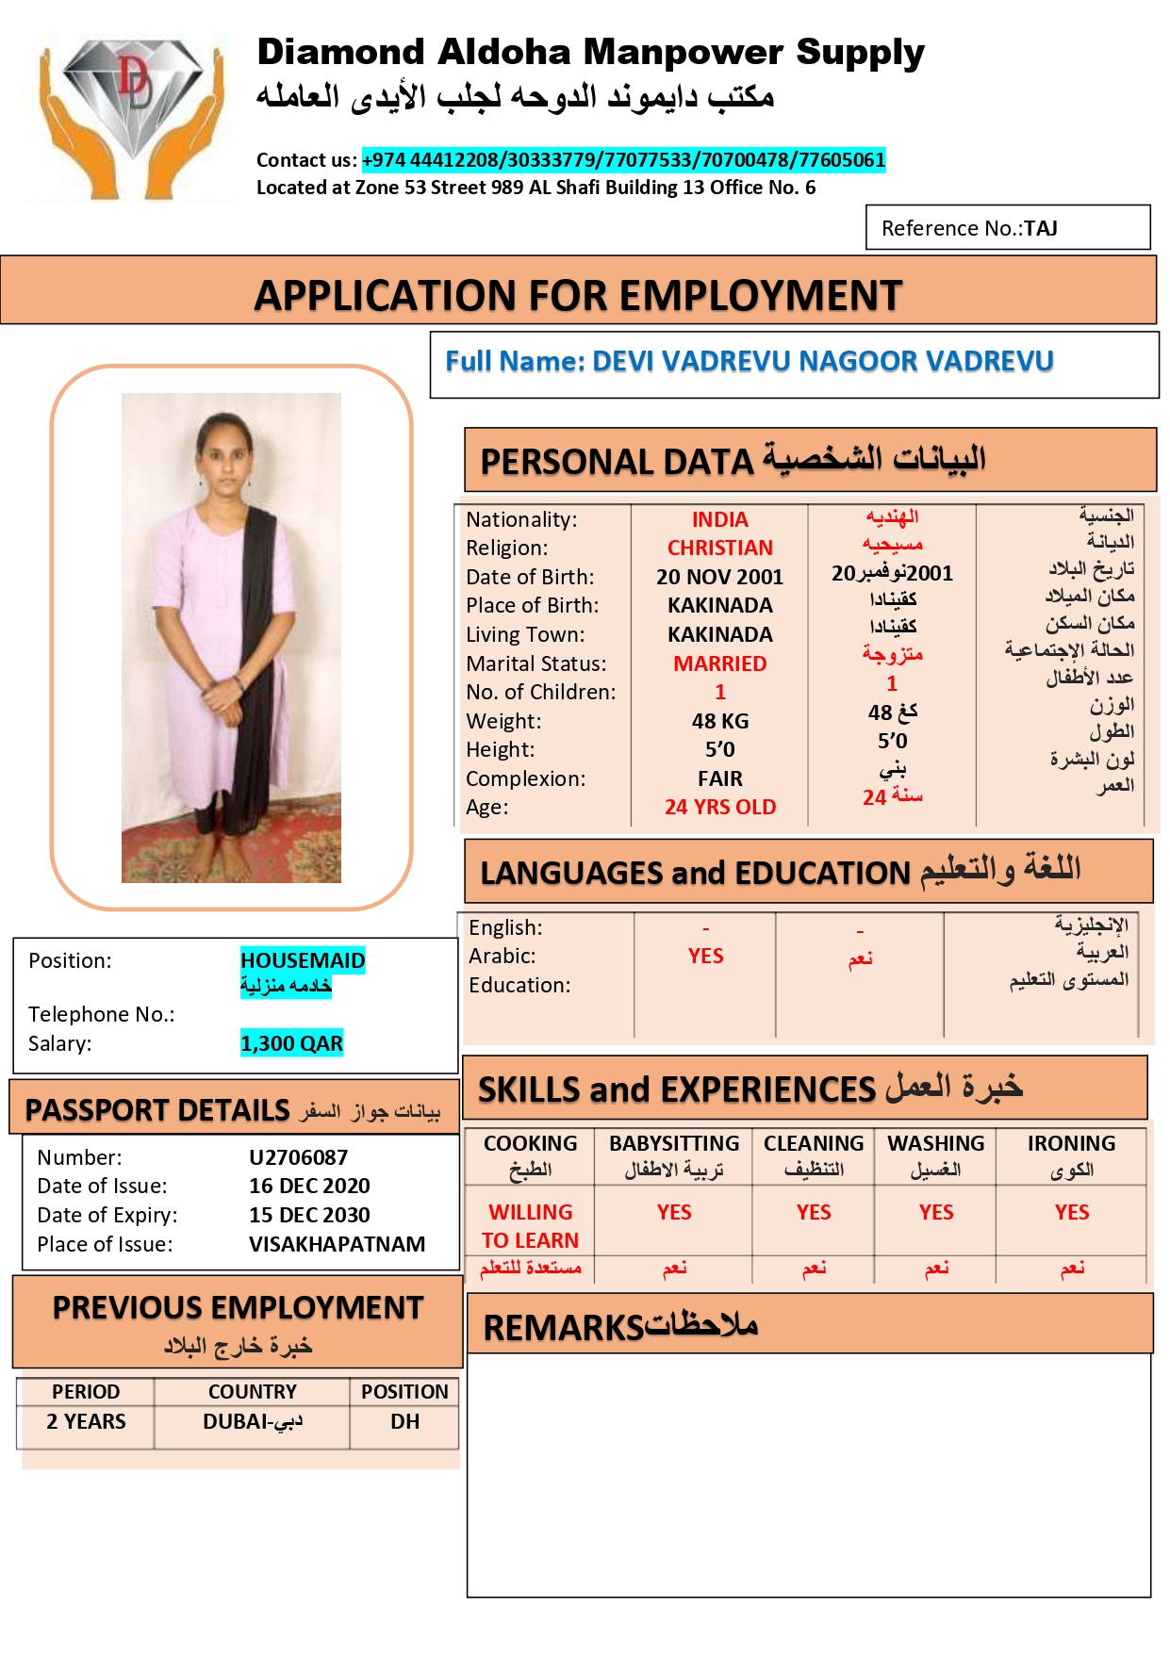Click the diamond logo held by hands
point(131,113)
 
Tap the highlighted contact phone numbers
point(623,160)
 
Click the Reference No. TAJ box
point(1007,228)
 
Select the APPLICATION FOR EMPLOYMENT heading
point(578,295)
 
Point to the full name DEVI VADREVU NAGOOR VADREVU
point(749,361)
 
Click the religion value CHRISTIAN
point(719,549)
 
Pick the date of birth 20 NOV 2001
point(719,577)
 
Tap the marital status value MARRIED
point(719,663)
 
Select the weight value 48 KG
point(719,721)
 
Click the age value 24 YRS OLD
point(719,807)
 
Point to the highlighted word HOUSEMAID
point(303,960)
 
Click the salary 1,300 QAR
point(291,1043)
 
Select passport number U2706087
point(298,1157)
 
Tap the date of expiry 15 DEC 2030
point(309,1215)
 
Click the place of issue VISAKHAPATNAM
point(337,1244)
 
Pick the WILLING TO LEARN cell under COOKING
point(530,1226)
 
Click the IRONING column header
point(1071,1144)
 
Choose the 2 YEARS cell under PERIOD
point(86,1421)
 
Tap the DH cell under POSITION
point(404,1421)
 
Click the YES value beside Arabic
point(705,956)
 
